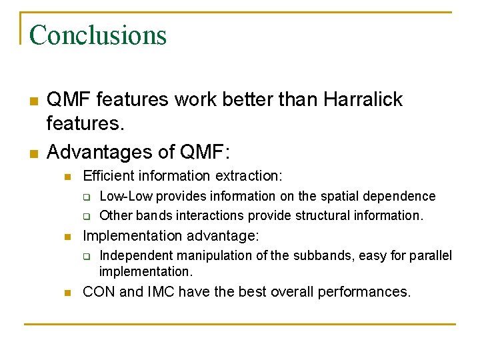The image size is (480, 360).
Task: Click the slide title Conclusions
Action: tap(97, 35)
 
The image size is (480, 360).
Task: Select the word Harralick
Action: tap(363, 100)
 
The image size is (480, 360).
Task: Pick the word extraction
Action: tap(251, 176)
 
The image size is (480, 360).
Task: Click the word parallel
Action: tap(429, 255)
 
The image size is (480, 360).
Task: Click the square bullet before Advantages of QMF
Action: tap(33, 153)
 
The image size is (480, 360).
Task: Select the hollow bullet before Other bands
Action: tap(86, 216)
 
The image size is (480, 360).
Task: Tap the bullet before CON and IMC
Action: tap(67, 292)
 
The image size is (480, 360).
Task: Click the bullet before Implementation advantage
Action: tap(67, 237)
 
